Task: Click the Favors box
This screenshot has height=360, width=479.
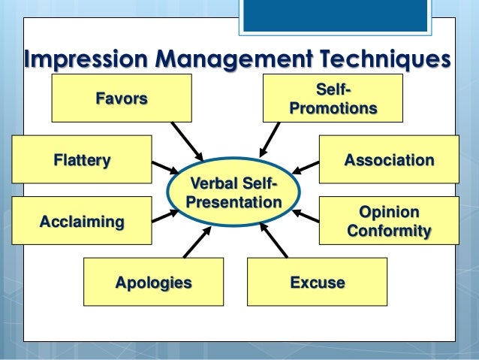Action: tap(120, 98)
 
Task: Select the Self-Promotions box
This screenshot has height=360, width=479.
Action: tap(333, 99)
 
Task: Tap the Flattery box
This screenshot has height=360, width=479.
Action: tap(82, 159)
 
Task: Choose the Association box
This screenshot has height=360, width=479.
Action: tap(388, 159)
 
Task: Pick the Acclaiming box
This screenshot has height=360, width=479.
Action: tap(82, 222)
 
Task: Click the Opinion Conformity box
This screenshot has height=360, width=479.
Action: tap(388, 221)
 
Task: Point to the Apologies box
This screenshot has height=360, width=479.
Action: tap(153, 282)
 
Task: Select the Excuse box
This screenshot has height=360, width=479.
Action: tap(317, 282)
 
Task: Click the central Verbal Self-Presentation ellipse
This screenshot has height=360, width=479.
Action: tap(233, 193)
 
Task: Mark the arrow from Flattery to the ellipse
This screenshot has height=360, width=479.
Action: tap(164, 167)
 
